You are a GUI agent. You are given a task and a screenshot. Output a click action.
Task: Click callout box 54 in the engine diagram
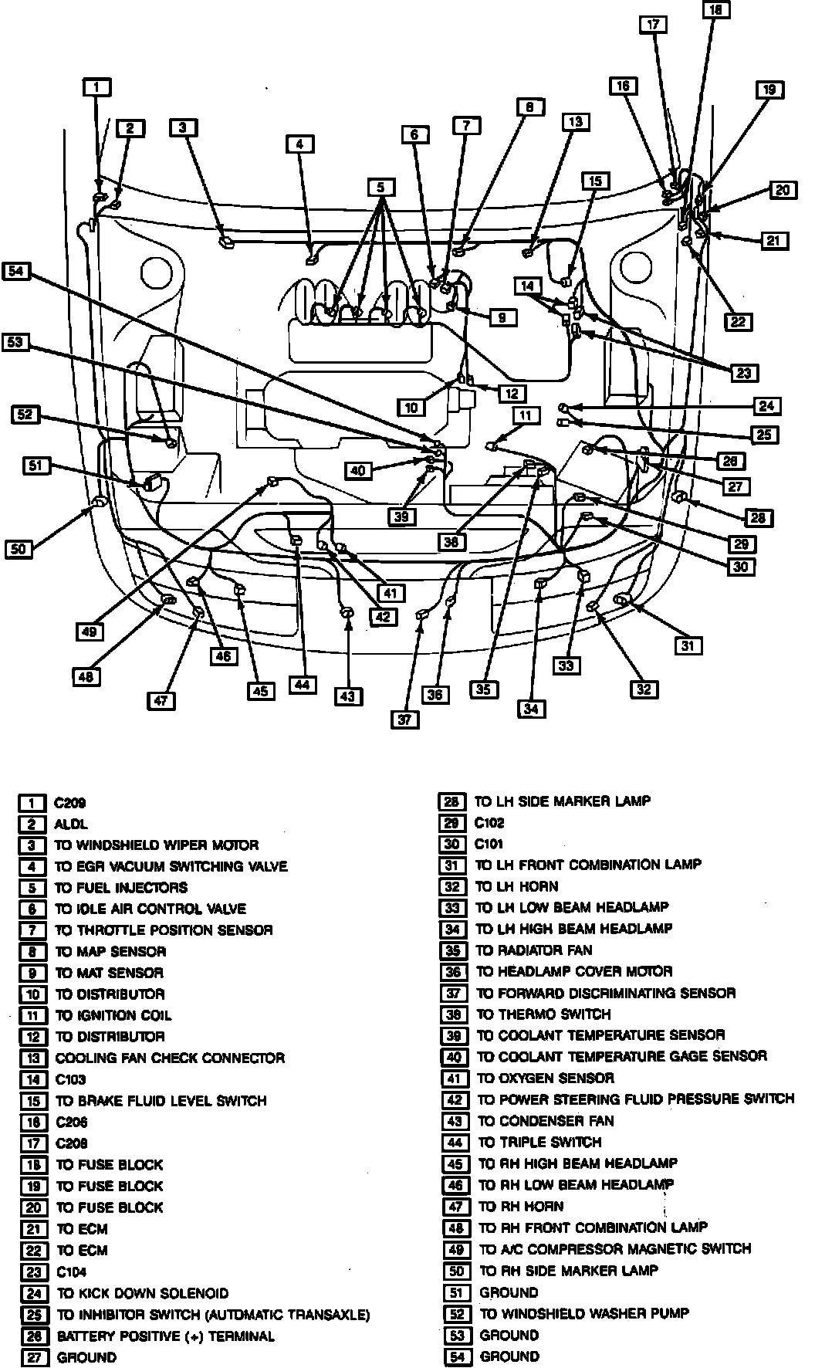click(16, 270)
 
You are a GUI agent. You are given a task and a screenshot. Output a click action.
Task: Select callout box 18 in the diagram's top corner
click(715, 10)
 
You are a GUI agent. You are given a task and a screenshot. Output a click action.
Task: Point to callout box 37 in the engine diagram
click(404, 719)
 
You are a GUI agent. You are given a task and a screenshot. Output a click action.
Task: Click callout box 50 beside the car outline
click(19, 549)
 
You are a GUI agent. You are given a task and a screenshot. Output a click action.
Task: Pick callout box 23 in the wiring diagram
click(743, 373)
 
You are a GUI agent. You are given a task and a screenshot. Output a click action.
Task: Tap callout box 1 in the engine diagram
click(96, 87)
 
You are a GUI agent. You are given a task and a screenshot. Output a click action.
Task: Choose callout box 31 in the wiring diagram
click(688, 645)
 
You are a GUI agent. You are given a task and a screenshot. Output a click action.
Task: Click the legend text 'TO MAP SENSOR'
click(110, 952)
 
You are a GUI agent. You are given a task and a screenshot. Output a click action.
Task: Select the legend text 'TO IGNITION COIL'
click(113, 1016)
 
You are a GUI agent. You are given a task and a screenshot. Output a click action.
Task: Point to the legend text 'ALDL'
click(71, 825)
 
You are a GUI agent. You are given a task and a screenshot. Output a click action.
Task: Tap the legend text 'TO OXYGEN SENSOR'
click(546, 1078)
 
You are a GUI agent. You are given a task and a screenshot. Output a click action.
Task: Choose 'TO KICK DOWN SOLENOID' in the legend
click(143, 1293)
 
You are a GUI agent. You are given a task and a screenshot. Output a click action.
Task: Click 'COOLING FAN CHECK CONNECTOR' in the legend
click(170, 1058)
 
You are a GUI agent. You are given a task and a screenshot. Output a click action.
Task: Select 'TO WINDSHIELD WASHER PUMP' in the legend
click(584, 1313)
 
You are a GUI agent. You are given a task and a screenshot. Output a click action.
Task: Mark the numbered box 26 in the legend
click(32, 1336)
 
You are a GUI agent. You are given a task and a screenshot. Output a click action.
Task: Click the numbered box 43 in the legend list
click(453, 1122)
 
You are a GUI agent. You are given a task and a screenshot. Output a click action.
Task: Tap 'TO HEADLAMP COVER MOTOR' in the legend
click(574, 972)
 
